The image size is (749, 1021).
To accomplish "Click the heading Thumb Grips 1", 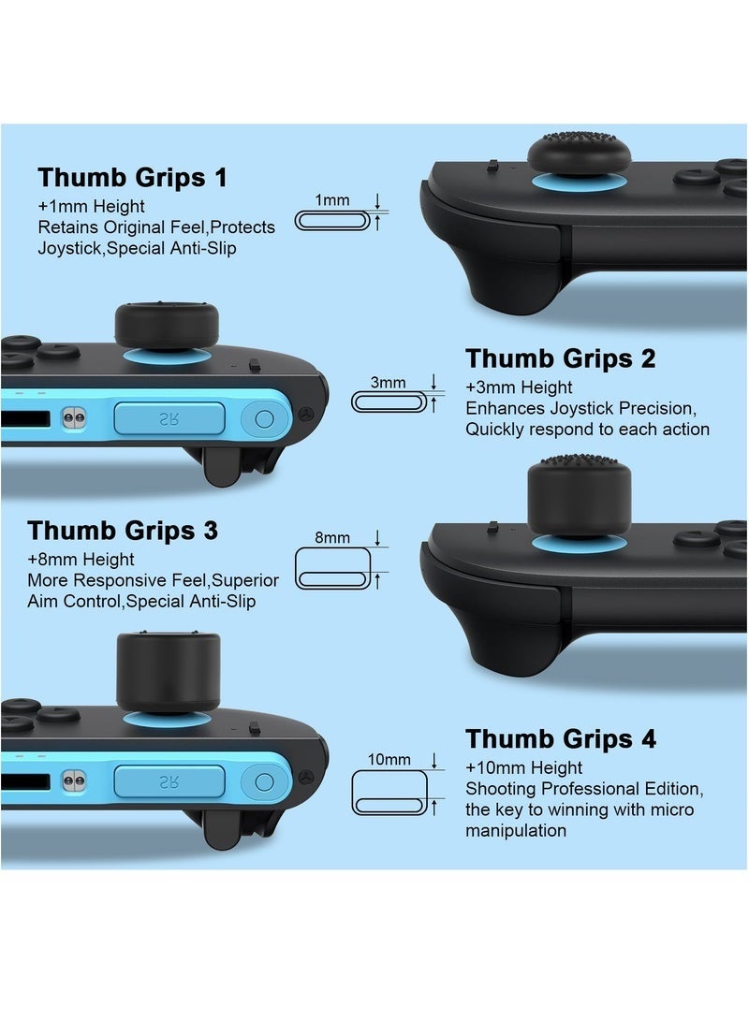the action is (x=132, y=177).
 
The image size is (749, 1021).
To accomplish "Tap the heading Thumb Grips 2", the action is (x=560, y=358).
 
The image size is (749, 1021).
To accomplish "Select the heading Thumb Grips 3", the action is (x=123, y=530).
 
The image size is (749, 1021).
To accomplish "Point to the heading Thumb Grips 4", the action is (x=560, y=738).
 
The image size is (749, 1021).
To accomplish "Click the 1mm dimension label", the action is (x=332, y=200).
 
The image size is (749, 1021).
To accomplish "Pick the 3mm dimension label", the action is (x=389, y=382).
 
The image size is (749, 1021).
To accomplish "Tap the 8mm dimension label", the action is (x=332, y=537).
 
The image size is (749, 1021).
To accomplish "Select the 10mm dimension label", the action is (x=389, y=759).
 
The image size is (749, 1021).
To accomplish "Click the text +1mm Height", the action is (x=91, y=207).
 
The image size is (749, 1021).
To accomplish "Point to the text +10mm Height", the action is (x=523, y=767).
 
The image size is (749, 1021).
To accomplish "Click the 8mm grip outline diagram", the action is (x=332, y=568).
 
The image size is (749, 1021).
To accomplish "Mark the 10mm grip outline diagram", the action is (x=389, y=793).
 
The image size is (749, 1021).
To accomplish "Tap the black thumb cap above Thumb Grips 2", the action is (x=167, y=325).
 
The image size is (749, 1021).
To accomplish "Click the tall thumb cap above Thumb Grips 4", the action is (x=168, y=672).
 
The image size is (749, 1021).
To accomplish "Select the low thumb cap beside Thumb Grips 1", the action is (x=579, y=154).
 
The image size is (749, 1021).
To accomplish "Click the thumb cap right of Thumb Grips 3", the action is (x=579, y=496).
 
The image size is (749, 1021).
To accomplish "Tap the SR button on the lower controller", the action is (x=169, y=781).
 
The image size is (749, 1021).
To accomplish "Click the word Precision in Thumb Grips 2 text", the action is (x=657, y=408).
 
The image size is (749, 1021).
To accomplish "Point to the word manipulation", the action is (x=516, y=831).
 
